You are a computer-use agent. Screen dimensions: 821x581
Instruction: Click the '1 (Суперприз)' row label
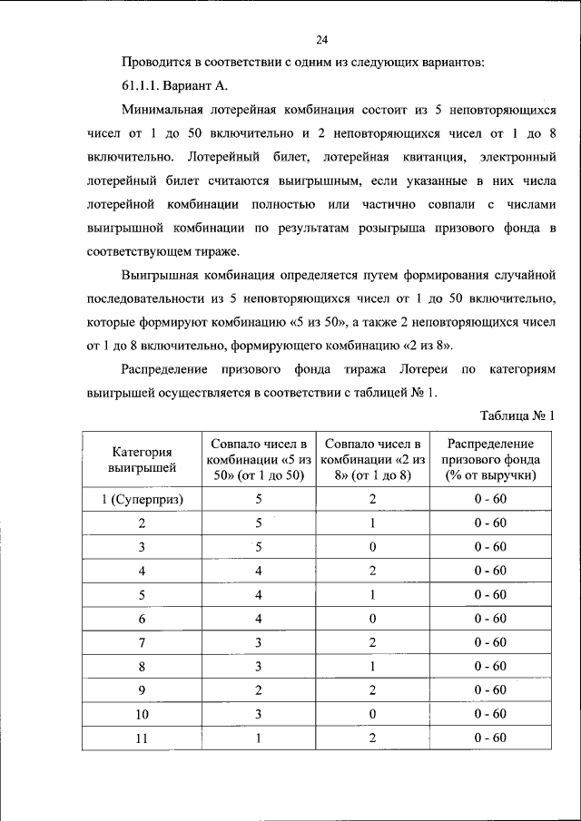coord(142,499)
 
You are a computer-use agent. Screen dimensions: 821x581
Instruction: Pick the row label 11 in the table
coord(142,738)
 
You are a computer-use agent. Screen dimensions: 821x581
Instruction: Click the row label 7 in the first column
coord(142,642)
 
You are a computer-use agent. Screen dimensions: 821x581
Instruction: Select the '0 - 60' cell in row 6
coord(490,618)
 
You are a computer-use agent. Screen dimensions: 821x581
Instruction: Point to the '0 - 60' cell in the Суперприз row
coord(490,499)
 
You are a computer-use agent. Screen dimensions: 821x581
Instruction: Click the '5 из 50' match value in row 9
coord(258,689)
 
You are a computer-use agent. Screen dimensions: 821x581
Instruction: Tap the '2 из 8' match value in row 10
coord(372,714)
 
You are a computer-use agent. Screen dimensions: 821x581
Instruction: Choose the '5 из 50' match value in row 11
coord(258,738)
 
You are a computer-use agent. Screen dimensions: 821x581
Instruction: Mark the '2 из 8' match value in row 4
coord(372,571)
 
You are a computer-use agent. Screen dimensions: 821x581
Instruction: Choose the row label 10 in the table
coord(142,714)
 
